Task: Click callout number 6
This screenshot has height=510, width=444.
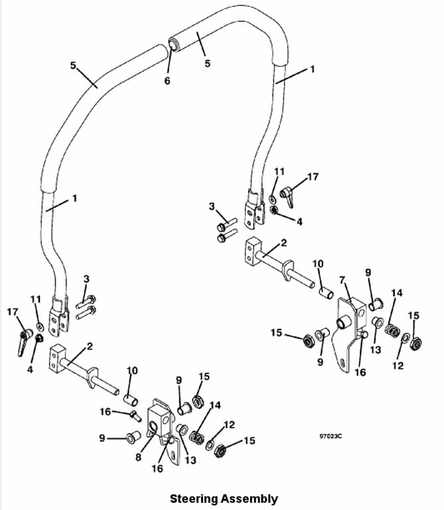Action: point(167,80)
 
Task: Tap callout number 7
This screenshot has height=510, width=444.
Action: point(342,280)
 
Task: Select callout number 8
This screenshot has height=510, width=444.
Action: point(139,457)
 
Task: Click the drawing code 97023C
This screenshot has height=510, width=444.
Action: point(331,436)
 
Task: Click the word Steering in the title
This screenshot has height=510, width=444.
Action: point(194,499)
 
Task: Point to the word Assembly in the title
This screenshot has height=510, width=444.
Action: point(250,499)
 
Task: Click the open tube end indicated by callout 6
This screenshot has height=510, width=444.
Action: point(174,44)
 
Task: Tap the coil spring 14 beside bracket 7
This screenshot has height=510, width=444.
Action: point(392,331)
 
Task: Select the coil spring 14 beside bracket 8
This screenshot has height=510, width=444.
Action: point(196,437)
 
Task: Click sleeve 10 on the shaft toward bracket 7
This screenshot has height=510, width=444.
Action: point(325,292)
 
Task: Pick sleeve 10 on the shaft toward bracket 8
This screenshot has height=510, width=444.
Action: point(131,400)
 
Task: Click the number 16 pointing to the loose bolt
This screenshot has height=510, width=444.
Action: point(106,412)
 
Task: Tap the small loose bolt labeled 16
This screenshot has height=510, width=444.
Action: point(136,415)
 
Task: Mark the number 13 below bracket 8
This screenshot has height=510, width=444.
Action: point(190,460)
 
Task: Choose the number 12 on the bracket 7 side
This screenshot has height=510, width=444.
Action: point(398,366)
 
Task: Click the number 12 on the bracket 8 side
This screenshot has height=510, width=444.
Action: point(229,424)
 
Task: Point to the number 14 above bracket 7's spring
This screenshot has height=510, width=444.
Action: point(396,293)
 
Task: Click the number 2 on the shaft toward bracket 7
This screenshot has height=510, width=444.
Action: point(284,242)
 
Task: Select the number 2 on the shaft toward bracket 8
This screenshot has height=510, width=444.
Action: point(90,346)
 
